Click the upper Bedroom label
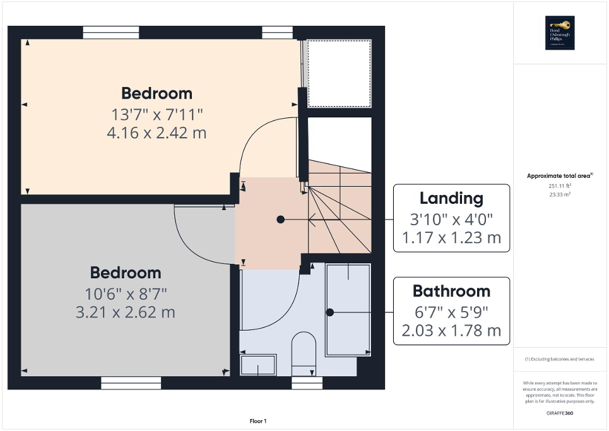point(157,93)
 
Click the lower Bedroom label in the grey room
point(125,273)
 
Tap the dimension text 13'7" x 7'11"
point(157,115)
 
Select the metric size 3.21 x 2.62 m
point(125,312)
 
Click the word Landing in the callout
point(451,198)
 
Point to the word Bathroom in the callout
point(451,291)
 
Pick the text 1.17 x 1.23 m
point(451,238)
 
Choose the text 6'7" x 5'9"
point(451,312)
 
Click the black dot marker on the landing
point(280,220)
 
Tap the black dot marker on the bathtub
point(329,312)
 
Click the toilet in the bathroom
point(304,351)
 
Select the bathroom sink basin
point(258,365)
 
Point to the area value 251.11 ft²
point(560,187)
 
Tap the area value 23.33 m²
point(560,195)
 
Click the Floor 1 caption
point(258,421)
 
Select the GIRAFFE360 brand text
point(560,413)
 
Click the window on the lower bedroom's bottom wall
point(130,382)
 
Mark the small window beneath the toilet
point(307,382)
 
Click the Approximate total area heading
point(560,176)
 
